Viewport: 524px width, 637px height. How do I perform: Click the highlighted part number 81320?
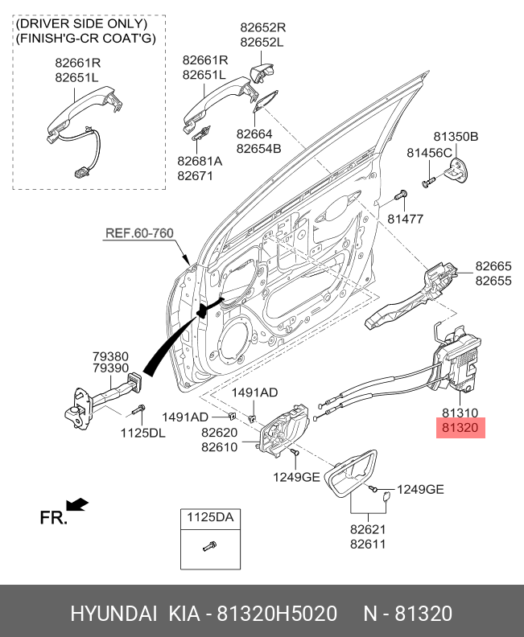click(460, 429)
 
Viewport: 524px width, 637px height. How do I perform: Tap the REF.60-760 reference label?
click(139, 233)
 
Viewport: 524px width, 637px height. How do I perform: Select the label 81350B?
click(456, 137)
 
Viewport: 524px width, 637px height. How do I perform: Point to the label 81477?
click(405, 219)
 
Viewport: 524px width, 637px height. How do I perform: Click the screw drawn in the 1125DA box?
click(208, 548)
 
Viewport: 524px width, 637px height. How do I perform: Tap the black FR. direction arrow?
click(77, 504)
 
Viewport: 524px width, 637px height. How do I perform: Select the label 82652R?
click(262, 27)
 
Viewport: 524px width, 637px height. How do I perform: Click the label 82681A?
click(200, 160)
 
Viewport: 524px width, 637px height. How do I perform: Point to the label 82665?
click(493, 266)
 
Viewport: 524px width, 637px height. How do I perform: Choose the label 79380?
click(110, 355)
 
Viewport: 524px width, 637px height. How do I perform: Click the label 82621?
click(368, 529)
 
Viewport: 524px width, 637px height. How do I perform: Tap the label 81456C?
click(429, 152)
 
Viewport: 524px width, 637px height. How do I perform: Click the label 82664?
click(254, 134)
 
